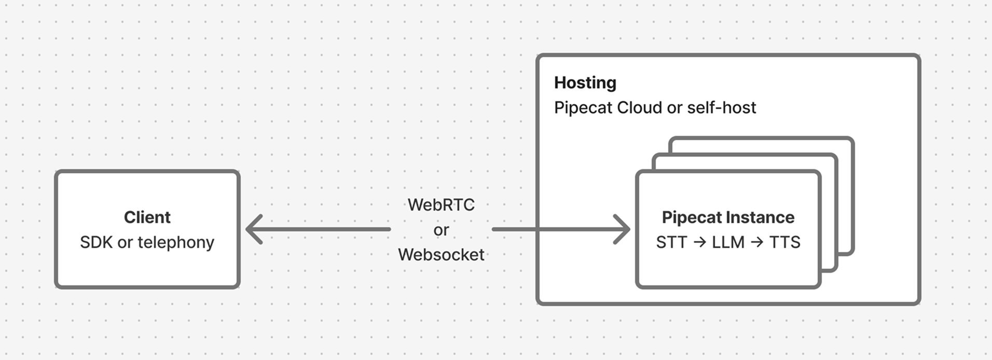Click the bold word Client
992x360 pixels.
pos(147,217)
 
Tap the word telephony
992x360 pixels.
pos(176,243)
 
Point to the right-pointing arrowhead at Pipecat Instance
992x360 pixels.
pos(622,229)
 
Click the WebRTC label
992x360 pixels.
pos(441,205)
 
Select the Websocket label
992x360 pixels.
pos(441,255)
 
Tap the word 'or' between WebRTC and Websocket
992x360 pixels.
pos(441,230)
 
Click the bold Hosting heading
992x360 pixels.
pos(585,82)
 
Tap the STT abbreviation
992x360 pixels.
pos(671,242)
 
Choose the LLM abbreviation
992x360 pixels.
pos(728,242)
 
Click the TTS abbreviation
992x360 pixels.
pos(784,242)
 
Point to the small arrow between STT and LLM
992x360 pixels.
pos(699,242)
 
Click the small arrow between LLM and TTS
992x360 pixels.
pos(756,242)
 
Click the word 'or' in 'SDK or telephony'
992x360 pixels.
pos(125,243)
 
